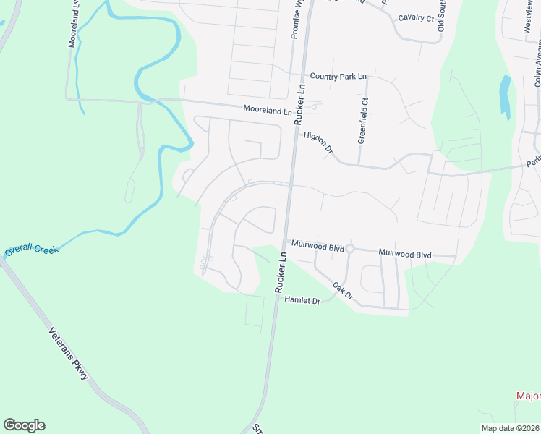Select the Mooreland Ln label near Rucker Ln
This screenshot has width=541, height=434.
click(267, 112)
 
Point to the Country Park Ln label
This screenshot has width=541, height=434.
click(338, 76)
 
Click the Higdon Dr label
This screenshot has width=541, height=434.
click(318, 141)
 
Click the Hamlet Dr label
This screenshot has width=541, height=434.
click(302, 300)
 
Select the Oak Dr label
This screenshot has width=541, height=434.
click(342, 291)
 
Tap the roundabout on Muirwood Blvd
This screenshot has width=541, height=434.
click(349, 249)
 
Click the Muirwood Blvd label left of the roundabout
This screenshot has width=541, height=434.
click(317, 246)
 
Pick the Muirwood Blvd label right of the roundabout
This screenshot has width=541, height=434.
click(404, 255)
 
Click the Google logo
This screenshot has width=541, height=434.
click(24, 425)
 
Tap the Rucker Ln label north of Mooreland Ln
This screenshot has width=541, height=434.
click(301, 104)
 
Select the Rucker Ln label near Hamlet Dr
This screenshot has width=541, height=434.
click(281, 276)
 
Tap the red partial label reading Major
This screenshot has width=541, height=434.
click(529, 396)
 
